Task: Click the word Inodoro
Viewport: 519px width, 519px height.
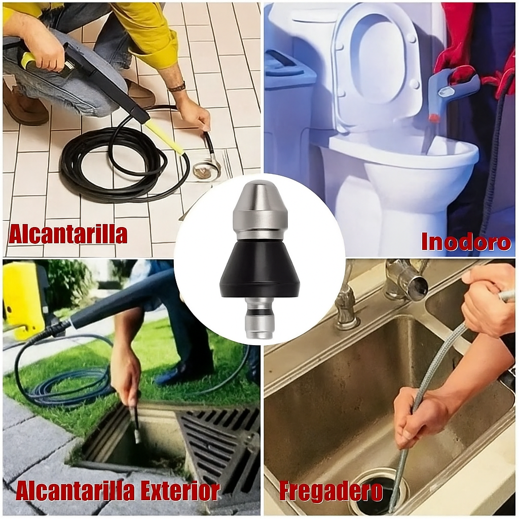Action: [x=465, y=241]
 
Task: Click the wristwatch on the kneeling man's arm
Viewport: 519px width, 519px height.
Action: [x=177, y=88]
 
